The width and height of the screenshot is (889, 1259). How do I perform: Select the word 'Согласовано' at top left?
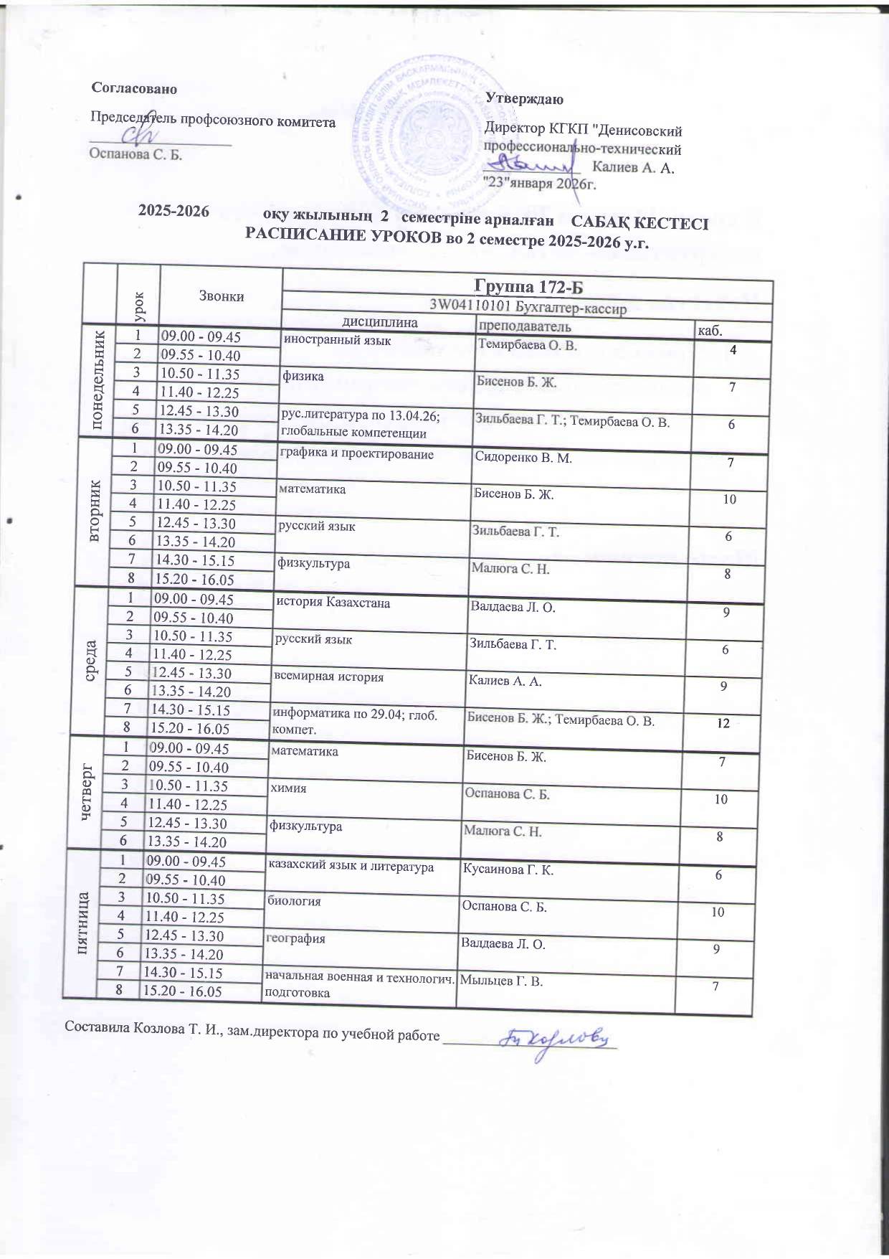[x=134, y=88]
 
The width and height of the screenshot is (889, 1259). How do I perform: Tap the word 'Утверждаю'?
[x=524, y=99]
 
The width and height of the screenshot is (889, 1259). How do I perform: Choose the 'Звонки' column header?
[x=222, y=296]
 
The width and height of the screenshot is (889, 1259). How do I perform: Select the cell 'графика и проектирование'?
[x=356, y=454]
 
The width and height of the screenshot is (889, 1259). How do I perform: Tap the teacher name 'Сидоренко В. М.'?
[x=523, y=458]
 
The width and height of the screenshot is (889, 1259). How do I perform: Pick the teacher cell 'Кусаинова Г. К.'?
[x=508, y=870]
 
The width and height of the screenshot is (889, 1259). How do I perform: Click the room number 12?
[x=723, y=723]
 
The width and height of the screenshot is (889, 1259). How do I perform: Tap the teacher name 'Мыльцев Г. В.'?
[x=500, y=981]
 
